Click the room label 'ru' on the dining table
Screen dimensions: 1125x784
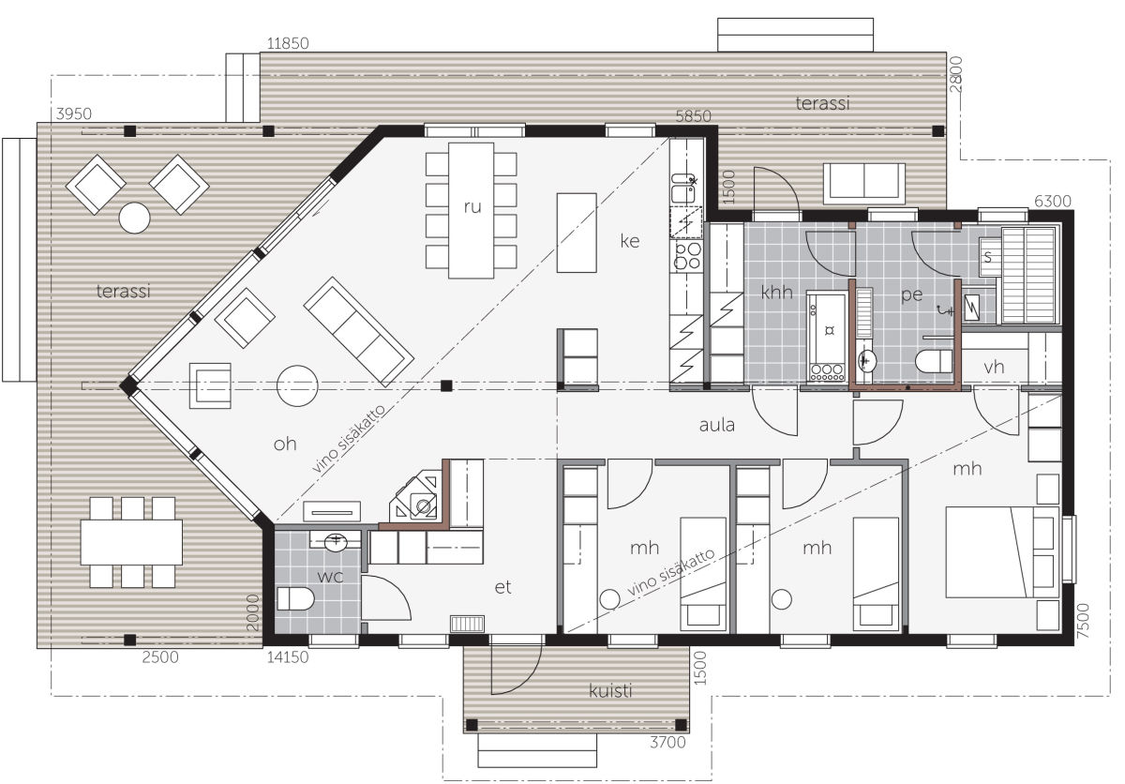[x=472, y=207]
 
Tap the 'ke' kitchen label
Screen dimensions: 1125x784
[x=630, y=241]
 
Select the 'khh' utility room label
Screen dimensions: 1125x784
[x=776, y=292]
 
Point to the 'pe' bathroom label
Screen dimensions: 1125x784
[x=911, y=294]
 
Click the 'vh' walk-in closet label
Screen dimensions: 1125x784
[x=994, y=367]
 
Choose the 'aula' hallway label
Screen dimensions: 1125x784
[x=716, y=425]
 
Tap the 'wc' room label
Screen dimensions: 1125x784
[x=330, y=577]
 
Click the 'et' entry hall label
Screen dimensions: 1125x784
[x=502, y=587]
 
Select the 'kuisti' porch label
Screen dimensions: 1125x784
[x=610, y=690]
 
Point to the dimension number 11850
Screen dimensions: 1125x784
[x=288, y=44]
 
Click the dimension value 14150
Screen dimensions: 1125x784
[x=288, y=657]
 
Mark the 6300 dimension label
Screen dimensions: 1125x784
[x=1053, y=202]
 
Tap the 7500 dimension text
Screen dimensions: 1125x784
[x=1084, y=621]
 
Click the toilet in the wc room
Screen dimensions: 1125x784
[x=295, y=598]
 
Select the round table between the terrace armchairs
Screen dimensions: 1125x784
[x=135, y=218]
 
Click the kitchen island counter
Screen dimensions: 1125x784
[x=577, y=233]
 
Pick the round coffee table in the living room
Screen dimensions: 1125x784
[x=297, y=385]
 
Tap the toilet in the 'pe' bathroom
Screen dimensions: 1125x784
[x=934, y=361]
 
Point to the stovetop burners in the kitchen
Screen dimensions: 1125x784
[x=687, y=256]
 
